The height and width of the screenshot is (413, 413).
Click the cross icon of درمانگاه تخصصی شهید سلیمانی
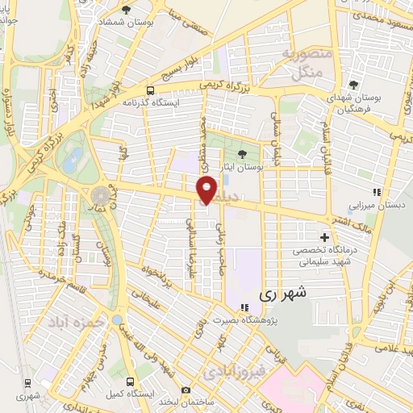coord(324,238)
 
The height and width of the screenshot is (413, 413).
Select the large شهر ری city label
coord(281,295)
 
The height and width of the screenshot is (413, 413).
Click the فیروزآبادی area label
coord(231,372)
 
